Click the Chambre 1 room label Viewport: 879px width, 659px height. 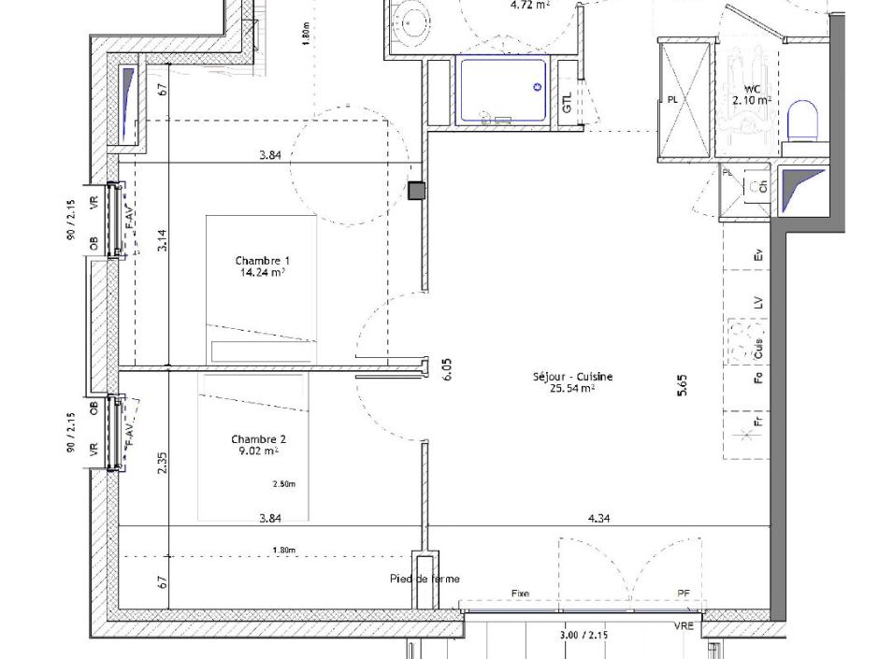click(262, 261)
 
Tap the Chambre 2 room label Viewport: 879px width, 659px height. click(259, 439)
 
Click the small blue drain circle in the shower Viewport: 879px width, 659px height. click(538, 87)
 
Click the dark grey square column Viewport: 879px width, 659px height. click(416, 191)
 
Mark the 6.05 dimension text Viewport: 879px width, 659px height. click(447, 369)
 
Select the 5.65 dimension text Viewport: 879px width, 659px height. click(683, 386)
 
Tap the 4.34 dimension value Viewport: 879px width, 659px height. click(598, 518)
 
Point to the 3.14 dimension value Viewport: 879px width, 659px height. click(162, 242)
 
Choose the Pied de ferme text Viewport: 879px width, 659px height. click(425, 580)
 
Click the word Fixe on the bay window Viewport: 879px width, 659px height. click(520, 594)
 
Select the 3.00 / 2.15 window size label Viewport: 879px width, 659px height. click(584, 635)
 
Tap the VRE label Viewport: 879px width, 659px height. click(684, 625)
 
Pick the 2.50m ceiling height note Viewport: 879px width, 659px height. click(284, 484)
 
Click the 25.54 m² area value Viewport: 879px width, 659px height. click(572, 387)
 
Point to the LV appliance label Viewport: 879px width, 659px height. click(759, 302)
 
